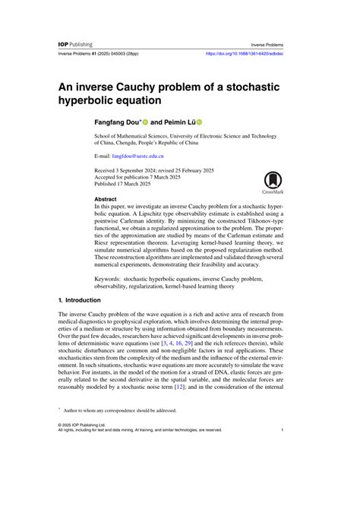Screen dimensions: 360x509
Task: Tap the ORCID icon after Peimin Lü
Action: click(x=201, y=122)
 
